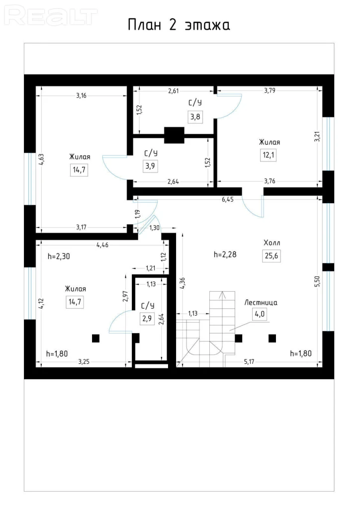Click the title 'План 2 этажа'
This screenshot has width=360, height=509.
pyautogui.click(x=179, y=25)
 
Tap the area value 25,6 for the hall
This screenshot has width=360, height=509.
pyautogui.click(x=271, y=256)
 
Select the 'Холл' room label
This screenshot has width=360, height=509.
pyautogui.click(x=271, y=243)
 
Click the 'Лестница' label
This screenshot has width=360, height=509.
pyautogui.click(x=261, y=303)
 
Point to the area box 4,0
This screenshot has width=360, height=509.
pyautogui.click(x=260, y=314)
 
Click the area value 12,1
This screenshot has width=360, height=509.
pyautogui.click(x=269, y=155)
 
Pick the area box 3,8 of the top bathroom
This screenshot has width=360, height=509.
pyautogui.click(x=195, y=116)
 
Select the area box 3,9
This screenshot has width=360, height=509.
pyautogui.click(x=150, y=166)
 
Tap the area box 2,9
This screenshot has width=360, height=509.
pyautogui.click(x=147, y=319)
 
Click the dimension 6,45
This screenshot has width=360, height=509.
pyautogui.click(x=228, y=199)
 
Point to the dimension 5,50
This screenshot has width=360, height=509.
pyautogui.click(x=317, y=281)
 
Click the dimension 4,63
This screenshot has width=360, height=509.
pyautogui.click(x=41, y=160)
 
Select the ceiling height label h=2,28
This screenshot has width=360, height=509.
pyautogui.click(x=225, y=254)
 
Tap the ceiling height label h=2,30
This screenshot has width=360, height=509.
pyautogui.click(x=59, y=256)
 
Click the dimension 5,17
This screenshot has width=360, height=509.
pyautogui.click(x=249, y=362)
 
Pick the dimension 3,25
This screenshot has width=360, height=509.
pyautogui.click(x=84, y=362)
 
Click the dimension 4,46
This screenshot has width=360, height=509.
pyautogui.click(x=102, y=245)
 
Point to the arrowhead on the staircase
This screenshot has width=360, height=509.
pyautogui.click(x=223, y=295)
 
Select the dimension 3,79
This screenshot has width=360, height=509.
pyautogui.click(x=270, y=90)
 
